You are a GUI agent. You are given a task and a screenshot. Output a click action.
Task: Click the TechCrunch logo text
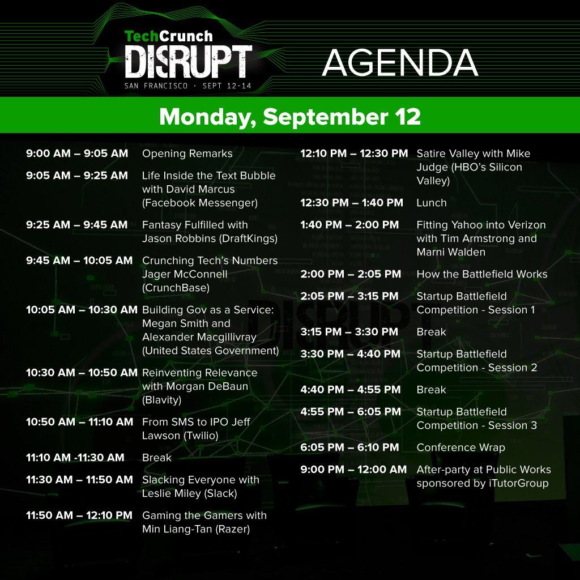[169, 36]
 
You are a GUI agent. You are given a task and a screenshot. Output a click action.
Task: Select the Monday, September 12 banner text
[290, 116]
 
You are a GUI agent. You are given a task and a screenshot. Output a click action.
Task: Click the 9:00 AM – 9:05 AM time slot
[77, 153]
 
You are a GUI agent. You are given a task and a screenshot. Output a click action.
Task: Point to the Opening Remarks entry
[187, 153]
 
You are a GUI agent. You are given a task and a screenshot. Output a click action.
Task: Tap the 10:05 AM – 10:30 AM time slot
[82, 310]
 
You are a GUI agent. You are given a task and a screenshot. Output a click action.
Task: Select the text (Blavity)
[162, 400]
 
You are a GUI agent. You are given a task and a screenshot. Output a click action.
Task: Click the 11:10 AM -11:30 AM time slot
[75, 458]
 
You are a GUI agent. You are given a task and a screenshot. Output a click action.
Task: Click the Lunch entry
[432, 203]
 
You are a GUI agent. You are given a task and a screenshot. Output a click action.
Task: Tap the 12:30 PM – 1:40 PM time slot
[352, 203]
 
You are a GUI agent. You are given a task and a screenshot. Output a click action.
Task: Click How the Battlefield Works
[482, 274]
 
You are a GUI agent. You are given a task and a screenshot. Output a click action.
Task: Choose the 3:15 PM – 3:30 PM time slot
[349, 332]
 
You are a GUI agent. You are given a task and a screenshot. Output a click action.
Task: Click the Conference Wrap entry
[460, 447]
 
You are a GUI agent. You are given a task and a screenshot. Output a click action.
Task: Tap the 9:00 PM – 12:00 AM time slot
[353, 470]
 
